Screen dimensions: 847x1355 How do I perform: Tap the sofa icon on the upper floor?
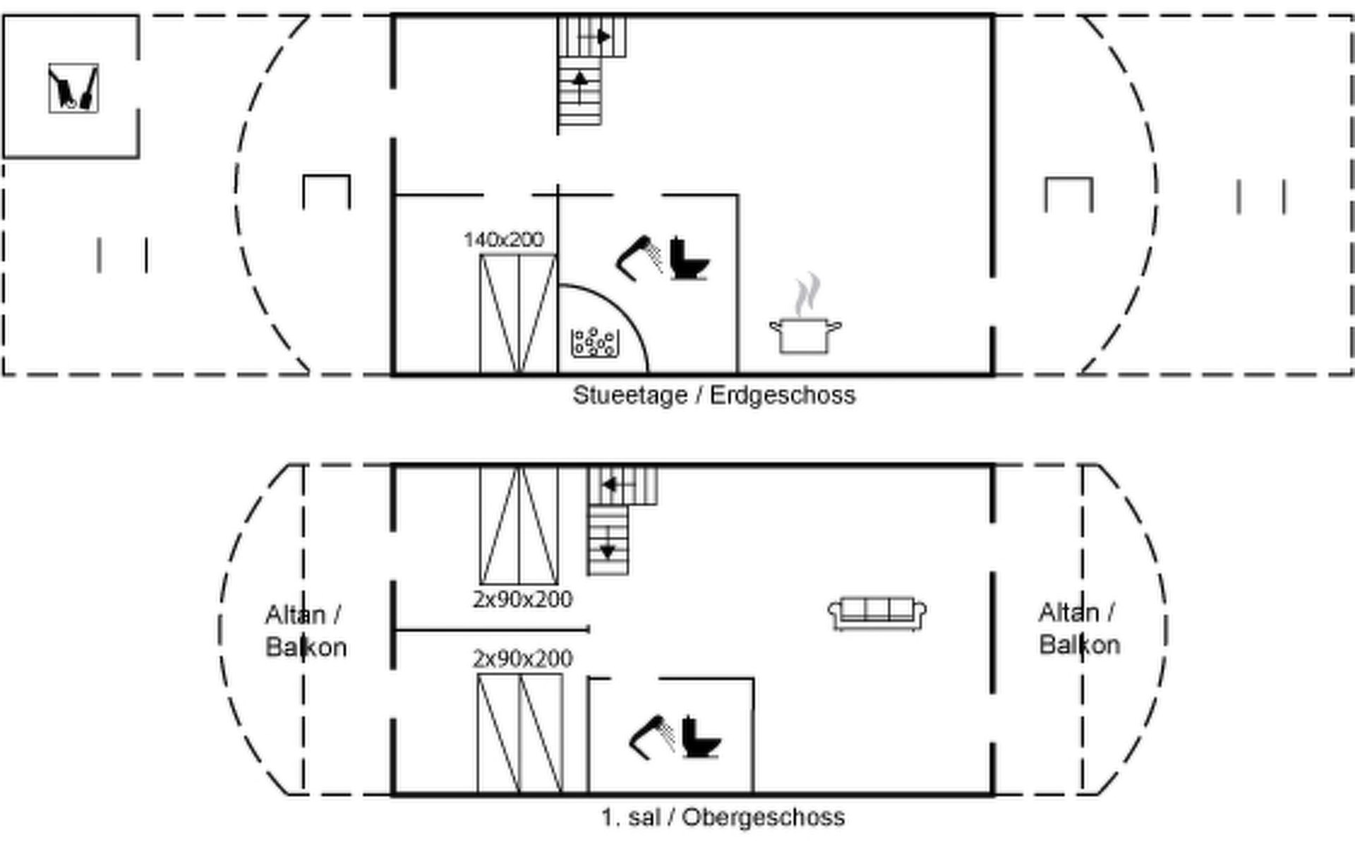tap(877, 613)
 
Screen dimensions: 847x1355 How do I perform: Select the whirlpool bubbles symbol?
tap(595, 342)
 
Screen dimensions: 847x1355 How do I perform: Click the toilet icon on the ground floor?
tap(688, 259)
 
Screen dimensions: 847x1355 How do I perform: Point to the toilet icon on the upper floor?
tap(700, 738)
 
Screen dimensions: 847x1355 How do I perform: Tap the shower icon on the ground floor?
tap(639, 258)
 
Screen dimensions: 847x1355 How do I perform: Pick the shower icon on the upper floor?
tap(651, 738)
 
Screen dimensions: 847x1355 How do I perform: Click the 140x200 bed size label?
tap(504, 240)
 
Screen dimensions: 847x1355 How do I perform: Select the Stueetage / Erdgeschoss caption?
tap(713, 395)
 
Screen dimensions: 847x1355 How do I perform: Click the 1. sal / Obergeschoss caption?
tap(723, 817)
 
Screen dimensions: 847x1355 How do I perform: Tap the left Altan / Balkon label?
tap(306, 631)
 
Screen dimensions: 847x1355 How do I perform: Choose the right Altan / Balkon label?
tap(1079, 628)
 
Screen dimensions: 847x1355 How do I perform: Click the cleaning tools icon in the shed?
tap(73, 88)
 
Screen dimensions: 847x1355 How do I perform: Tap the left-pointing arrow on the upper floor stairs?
tap(611, 485)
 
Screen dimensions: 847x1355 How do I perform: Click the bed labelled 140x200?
tap(518, 314)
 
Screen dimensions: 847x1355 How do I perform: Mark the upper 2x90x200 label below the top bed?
tap(522, 600)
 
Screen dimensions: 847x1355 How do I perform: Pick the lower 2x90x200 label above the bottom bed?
tap(522, 659)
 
